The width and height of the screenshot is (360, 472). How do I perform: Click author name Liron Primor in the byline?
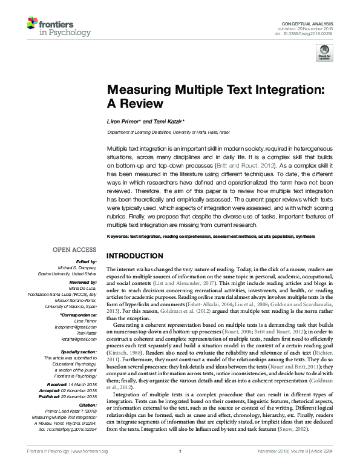point(126,121)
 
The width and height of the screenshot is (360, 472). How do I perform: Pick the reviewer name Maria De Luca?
point(84,289)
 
